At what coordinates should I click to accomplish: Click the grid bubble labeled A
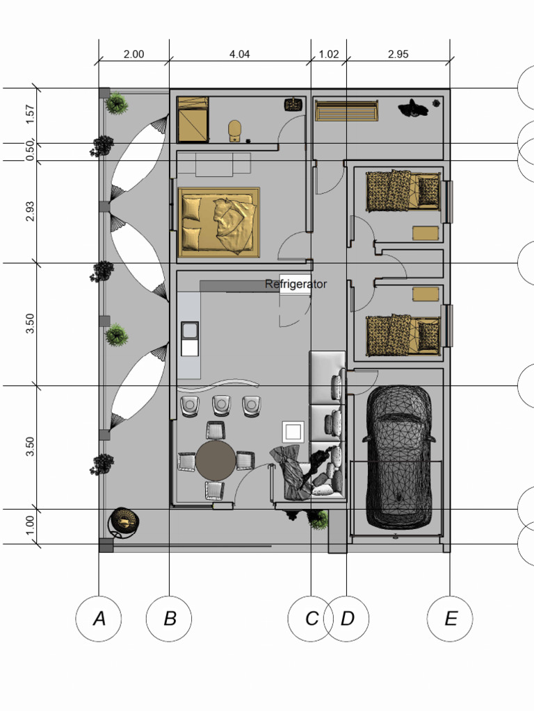(x=99, y=618)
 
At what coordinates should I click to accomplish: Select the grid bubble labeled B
(x=169, y=618)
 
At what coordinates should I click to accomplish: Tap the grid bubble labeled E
(x=450, y=618)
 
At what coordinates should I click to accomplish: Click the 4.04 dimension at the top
(x=239, y=54)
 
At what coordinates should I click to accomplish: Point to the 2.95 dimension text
(x=398, y=54)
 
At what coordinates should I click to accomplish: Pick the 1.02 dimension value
(x=328, y=54)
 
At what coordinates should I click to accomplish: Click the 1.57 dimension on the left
(x=30, y=115)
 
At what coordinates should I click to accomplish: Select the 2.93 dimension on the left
(x=30, y=211)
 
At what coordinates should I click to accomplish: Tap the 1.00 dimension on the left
(x=30, y=526)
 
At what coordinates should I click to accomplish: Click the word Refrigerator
(x=296, y=284)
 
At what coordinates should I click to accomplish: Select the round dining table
(x=216, y=460)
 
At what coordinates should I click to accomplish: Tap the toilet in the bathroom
(x=235, y=131)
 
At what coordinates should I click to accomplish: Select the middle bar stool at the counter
(x=222, y=405)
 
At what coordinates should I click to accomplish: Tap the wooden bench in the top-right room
(x=346, y=111)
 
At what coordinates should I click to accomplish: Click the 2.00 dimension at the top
(x=133, y=54)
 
